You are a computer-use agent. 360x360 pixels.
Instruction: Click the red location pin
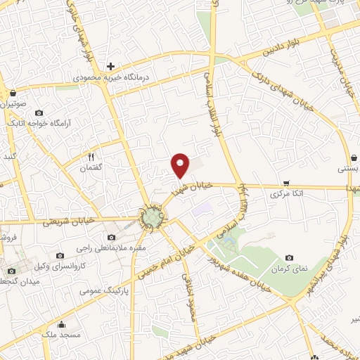[x=181, y=164]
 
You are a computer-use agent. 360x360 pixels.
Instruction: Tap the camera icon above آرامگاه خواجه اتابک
[x=38, y=112]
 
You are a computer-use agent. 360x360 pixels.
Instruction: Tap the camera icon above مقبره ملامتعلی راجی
[x=111, y=238]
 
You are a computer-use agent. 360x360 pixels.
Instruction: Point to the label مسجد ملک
[x=65, y=335]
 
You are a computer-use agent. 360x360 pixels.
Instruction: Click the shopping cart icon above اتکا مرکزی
[x=285, y=182]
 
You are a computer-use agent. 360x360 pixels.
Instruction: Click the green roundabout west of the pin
[x=152, y=219]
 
